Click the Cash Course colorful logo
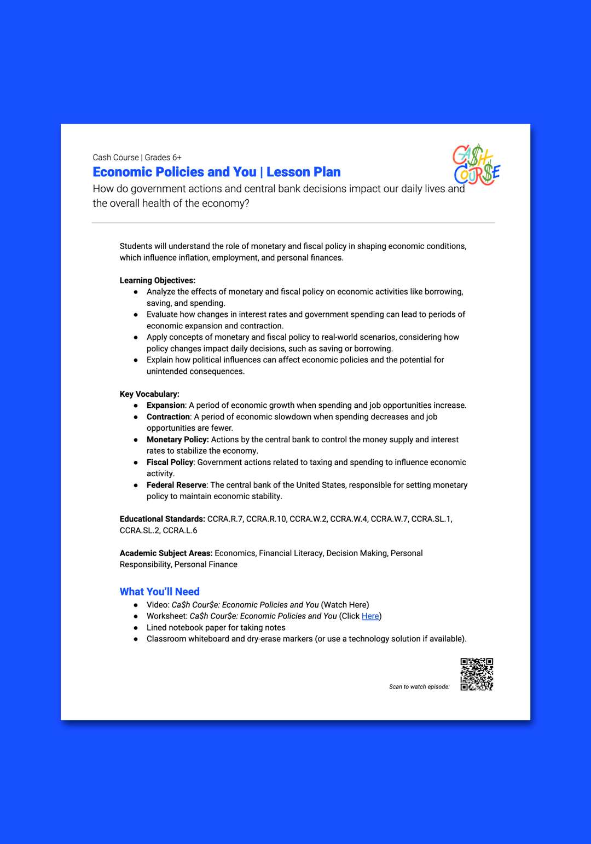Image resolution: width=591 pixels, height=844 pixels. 476,165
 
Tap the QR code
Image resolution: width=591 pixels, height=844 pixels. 477,674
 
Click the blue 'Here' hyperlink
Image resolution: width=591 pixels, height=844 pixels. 370,616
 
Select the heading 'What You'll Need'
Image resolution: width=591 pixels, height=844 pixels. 159,592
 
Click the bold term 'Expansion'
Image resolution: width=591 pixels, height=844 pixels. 165,406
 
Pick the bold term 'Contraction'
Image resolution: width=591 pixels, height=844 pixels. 168,417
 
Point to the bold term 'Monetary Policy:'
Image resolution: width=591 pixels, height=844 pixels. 177,440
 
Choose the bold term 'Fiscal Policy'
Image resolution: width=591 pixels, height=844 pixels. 170,463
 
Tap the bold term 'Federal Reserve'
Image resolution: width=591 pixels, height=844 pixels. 176,485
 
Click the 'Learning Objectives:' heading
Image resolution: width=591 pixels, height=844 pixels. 157,281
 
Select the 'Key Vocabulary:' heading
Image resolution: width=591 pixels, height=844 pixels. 149,394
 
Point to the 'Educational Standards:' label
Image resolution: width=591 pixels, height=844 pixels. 162,519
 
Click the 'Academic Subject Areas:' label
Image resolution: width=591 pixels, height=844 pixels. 166,553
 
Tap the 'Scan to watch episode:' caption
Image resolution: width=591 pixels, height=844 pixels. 419,687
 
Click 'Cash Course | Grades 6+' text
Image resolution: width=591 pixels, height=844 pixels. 137,158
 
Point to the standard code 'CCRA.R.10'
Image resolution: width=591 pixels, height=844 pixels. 266,519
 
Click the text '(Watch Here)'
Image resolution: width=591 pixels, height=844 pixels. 345,605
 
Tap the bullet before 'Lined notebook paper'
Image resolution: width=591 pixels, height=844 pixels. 136,628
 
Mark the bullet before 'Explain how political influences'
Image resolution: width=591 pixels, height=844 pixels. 136,360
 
